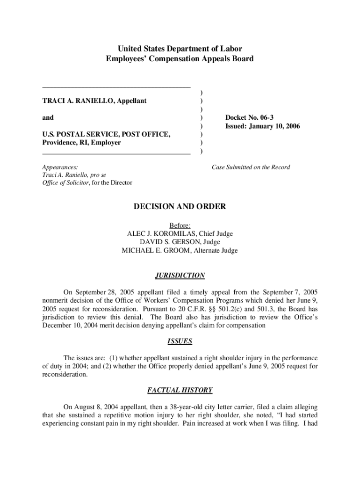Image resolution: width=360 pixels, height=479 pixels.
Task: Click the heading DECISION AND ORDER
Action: coord(180,206)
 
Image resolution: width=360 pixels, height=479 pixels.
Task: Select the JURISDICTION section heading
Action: coord(180,276)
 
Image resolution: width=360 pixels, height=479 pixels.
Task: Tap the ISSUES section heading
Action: coord(180,341)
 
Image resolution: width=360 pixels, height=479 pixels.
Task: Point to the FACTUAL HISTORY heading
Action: coord(180,390)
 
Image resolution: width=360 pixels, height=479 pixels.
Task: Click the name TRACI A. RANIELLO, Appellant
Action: coord(94,101)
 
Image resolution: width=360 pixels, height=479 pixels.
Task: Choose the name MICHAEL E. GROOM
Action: coord(158,250)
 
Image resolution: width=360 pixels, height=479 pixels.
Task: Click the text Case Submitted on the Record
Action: coord(251,167)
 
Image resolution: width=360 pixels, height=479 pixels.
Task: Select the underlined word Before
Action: coord(180,225)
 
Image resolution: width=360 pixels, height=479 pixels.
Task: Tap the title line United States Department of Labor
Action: coord(180,49)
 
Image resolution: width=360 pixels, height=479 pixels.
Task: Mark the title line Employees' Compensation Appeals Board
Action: coord(180,58)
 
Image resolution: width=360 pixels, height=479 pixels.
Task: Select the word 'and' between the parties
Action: coord(48,117)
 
